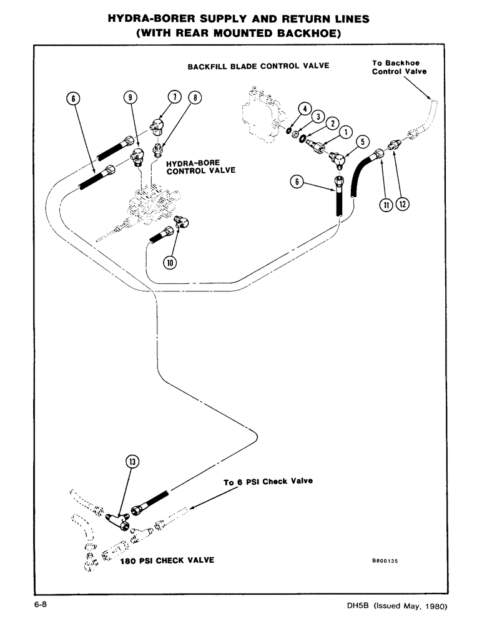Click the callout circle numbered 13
[132, 462]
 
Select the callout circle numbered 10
[169, 263]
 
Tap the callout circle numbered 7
[174, 97]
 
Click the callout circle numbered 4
[305, 108]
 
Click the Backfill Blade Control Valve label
[258, 66]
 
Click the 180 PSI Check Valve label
[167, 560]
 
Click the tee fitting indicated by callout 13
[117, 516]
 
